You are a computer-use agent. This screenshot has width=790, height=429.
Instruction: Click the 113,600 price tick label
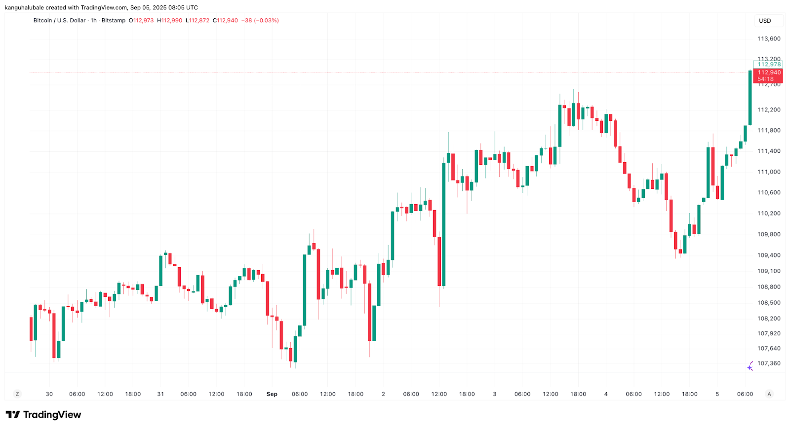[x=769, y=38]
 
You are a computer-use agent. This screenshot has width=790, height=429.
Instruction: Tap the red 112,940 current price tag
[x=769, y=72]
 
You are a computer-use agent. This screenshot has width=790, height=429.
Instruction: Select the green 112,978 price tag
[x=769, y=64]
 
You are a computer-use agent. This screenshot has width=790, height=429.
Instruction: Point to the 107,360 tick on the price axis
[x=769, y=363]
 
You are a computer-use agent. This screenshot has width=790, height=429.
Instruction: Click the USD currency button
[x=765, y=21]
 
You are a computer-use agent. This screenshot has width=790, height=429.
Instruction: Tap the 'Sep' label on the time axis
[x=272, y=394]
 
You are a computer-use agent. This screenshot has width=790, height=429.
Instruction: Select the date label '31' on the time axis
[x=160, y=394]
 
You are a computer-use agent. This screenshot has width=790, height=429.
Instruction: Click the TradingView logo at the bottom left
[x=43, y=415]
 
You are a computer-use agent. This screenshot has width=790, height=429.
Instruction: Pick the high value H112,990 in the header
[x=169, y=21]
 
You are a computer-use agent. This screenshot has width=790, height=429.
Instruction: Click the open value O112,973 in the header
[x=141, y=21]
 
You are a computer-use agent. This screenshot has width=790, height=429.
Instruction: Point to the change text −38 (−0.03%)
[x=260, y=21]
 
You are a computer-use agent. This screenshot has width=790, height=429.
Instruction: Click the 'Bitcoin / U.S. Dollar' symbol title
[x=59, y=21]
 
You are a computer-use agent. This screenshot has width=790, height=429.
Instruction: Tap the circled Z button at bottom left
[x=17, y=394]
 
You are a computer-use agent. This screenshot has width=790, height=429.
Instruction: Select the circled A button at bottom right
[x=769, y=394]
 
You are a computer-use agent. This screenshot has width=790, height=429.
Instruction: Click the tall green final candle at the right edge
[x=750, y=98]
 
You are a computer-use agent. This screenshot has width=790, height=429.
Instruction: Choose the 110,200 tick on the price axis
[x=769, y=214]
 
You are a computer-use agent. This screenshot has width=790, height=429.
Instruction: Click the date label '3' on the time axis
[x=494, y=394]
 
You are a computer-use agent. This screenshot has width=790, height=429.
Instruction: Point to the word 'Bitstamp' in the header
[x=114, y=21]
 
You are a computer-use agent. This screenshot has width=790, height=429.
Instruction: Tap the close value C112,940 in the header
[x=225, y=21]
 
